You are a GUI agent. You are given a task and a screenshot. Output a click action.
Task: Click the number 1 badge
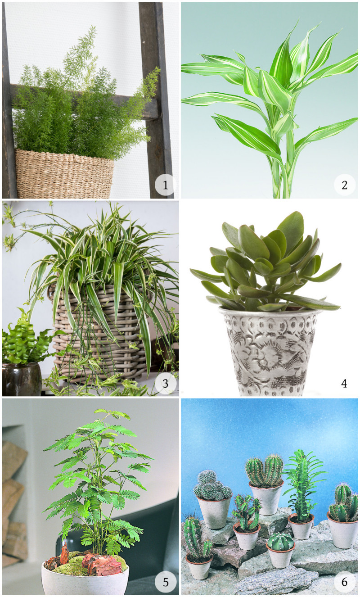click(x=165, y=185)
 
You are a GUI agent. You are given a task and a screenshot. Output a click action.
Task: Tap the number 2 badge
click(x=344, y=185)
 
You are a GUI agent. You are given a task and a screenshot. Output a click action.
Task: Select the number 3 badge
click(x=165, y=383)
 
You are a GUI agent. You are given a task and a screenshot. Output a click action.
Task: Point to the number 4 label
click(x=344, y=383)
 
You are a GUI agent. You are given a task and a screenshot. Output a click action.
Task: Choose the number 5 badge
click(x=165, y=582)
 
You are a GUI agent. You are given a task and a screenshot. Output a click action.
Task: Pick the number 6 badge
click(x=344, y=582)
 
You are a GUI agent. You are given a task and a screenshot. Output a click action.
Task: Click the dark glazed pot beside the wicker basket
click(x=21, y=379)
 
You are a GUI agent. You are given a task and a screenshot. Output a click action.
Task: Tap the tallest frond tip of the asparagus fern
click(x=93, y=26)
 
